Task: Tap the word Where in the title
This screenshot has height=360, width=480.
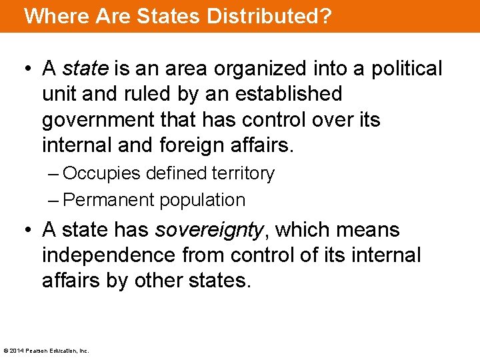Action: [x=52, y=16]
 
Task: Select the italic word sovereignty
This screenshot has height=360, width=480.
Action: [x=209, y=230]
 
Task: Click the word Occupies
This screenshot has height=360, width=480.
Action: [x=101, y=174]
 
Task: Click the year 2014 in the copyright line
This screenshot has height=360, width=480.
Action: [x=16, y=350]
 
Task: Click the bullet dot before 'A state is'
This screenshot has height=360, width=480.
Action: [x=27, y=69]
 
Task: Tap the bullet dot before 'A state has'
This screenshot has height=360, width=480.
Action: [x=27, y=231]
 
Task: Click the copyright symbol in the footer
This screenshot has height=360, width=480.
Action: [x=6, y=350]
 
